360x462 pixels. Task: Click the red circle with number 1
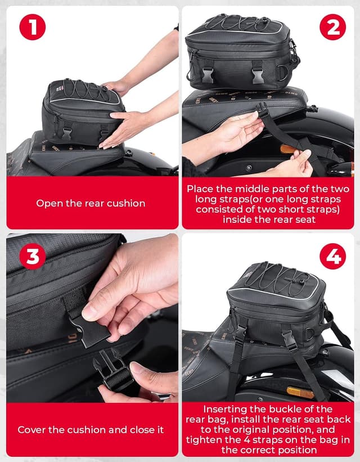pos(32,27)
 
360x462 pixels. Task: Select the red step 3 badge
pos(32,257)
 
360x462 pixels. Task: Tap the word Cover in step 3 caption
pos(31,429)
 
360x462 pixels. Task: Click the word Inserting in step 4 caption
pos(227,409)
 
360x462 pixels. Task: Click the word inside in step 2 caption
pos(238,219)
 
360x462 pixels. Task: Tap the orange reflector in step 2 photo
pos(289,150)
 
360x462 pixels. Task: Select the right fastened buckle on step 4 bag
pos(289,339)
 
